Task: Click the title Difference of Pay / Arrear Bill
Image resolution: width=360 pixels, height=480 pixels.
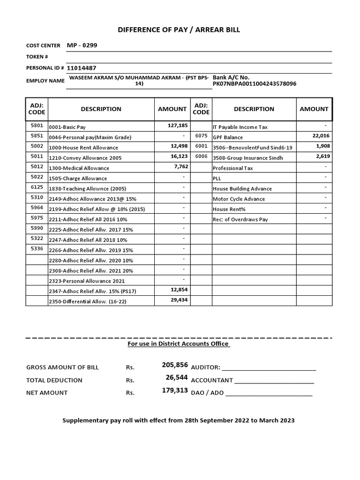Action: click(179, 30)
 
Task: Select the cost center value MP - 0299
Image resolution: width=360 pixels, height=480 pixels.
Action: click(82, 45)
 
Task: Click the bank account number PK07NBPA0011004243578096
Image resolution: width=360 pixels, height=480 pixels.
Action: click(255, 84)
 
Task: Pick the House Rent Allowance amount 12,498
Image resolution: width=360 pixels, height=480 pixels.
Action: click(179, 146)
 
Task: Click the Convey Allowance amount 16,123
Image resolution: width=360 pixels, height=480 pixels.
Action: click(179, 157)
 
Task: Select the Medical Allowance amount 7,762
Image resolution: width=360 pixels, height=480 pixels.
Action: click(181, 167)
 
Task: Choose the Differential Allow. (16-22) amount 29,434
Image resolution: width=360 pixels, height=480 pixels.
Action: click(179, 300)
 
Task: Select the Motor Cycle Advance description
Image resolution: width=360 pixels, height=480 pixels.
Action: click(239, 199)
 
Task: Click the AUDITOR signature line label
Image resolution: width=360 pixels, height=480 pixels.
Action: click(205, 367)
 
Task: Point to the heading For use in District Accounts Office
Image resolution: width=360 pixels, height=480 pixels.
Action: click(179, 344)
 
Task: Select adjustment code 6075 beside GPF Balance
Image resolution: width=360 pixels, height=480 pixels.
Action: click(201, 136)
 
